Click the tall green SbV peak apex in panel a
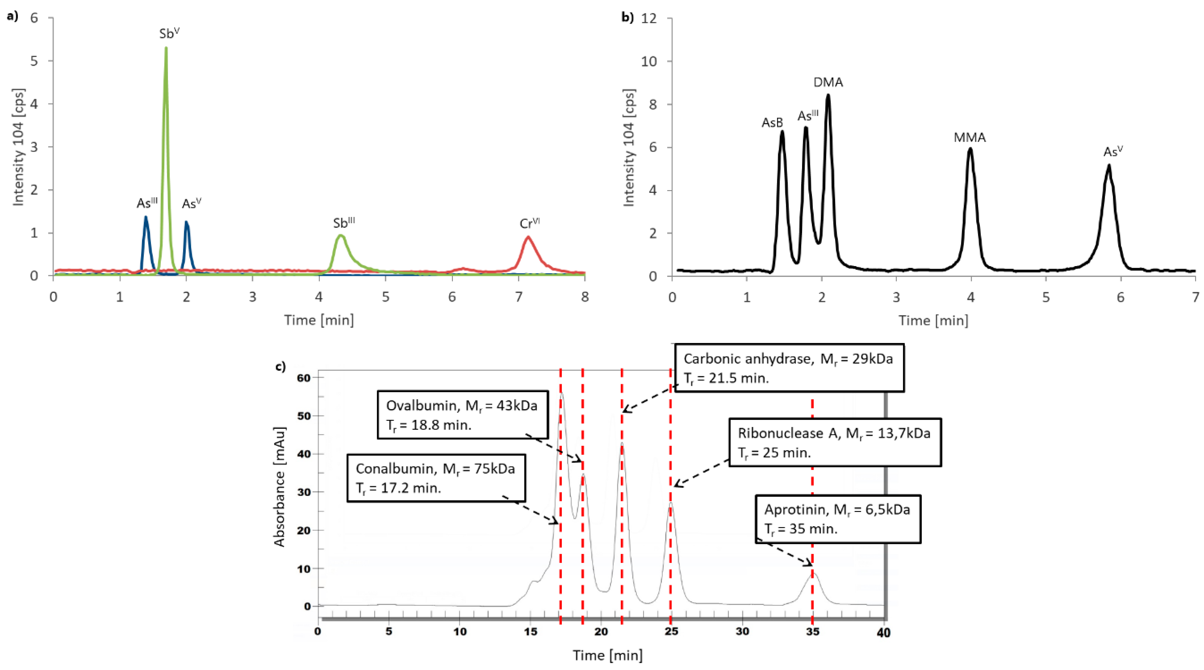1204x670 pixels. (x=166, y=48)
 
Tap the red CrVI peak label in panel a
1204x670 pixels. (x=529, y=224)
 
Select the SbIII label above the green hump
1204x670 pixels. (x=344, y=223)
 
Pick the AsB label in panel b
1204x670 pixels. (x=772, y=122)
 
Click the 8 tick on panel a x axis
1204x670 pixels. (x=585, y=297)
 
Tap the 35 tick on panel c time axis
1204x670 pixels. (x=812, y=632)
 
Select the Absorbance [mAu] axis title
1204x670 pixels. (x=279, y=486)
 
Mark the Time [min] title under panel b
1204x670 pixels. (x=933, y=320)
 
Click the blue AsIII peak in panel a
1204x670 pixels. (x=146, y=217)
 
